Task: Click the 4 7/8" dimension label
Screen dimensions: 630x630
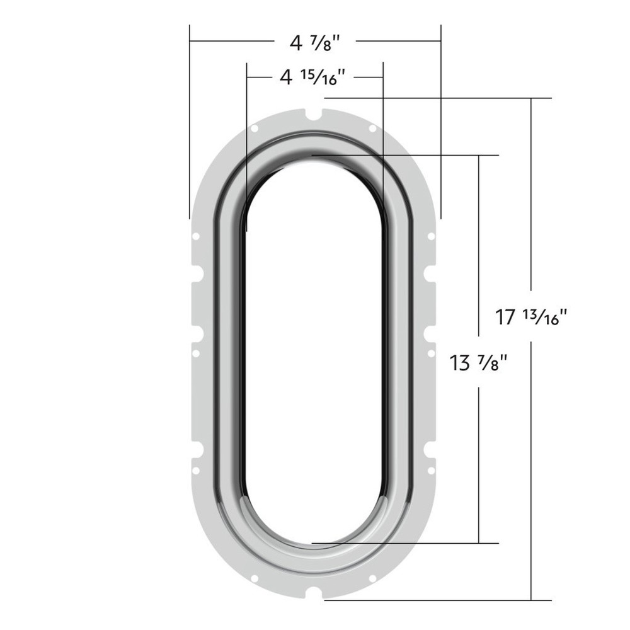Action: (x=314, y=43)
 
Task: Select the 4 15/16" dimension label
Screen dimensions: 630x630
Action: (x=313, y=77)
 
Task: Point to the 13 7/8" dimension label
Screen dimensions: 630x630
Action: (x=479, y=363)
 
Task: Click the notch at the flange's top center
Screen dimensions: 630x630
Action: (x=313, y=115)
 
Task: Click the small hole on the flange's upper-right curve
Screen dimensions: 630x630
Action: (x=372, y=129)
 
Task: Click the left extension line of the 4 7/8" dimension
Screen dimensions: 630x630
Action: (x=190, y=126)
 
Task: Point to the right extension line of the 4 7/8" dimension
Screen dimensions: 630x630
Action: (x=440, y=126)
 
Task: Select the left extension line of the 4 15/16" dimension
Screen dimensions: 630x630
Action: (x=246, y=145)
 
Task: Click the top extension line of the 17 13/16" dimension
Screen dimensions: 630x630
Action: (x=441, y=98)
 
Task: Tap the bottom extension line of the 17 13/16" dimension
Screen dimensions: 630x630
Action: (x=441, y=600)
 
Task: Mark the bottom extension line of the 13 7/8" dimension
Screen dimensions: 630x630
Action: (x=409, y=542)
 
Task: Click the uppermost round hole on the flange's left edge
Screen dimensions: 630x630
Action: (x=196, y=236)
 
